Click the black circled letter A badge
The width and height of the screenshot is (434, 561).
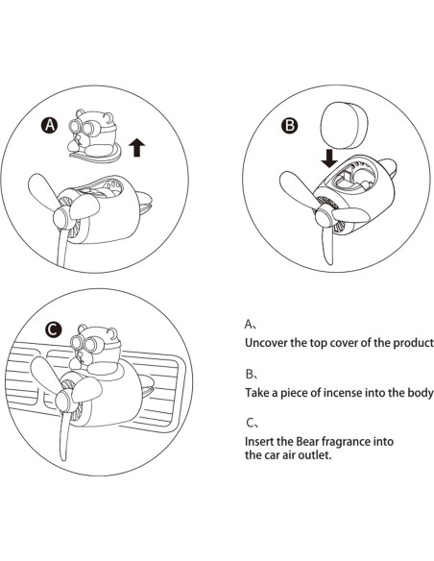(x=49, y=125)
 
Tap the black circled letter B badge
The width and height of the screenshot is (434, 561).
(x=289, y=126)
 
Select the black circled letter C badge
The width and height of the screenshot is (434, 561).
(x=53, y=329)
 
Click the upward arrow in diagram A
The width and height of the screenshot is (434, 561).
(x=136, y=148)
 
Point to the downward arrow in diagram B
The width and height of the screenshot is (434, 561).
(x=329, y=159)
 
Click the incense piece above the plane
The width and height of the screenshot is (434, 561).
(x=343, y=125)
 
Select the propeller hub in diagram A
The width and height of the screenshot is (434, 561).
(x=62, y=217)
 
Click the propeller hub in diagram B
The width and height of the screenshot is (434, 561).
(x=324, y=216)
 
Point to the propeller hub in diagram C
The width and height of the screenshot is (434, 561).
(x=64, y=400)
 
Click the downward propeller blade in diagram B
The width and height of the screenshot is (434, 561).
(x=326, y=245)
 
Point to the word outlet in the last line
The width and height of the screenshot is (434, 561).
(x=317, y=455)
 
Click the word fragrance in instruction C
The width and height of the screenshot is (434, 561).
(x=346, y=442)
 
